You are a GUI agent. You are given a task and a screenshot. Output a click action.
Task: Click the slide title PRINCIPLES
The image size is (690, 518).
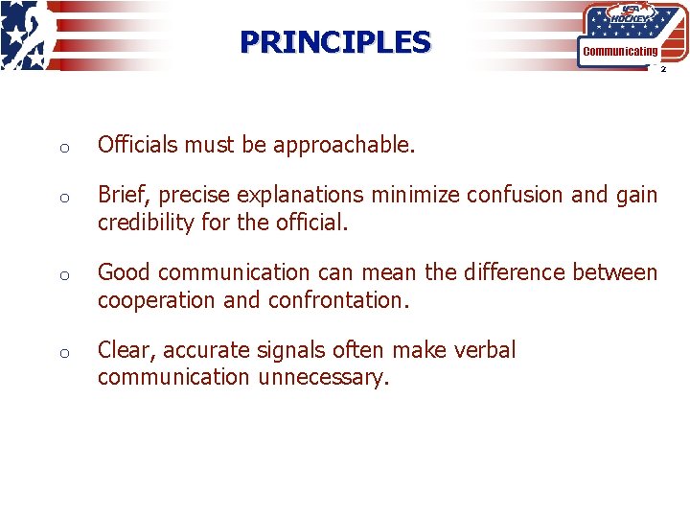[335, 42]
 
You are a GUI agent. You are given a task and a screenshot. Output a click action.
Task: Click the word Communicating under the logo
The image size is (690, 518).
[621, 51]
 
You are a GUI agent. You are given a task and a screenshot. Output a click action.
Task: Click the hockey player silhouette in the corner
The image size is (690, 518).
[21, 35]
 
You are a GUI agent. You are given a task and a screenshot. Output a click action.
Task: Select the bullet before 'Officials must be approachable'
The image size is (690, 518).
[60, 148]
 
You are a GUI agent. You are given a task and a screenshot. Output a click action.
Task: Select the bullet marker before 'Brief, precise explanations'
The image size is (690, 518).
[60, 197]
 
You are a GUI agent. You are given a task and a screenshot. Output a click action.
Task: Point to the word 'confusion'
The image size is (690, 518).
[515, 195]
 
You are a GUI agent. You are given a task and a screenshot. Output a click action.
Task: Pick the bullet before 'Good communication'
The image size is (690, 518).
[60, 274]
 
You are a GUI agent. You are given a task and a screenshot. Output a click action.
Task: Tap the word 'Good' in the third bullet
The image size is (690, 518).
[124, 272]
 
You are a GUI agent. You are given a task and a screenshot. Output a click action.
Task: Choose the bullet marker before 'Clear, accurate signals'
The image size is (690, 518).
[60, 352]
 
